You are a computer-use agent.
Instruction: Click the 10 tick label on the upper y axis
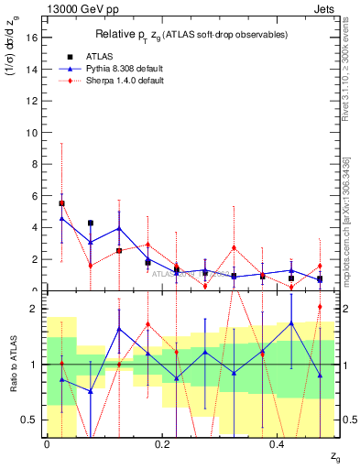35,132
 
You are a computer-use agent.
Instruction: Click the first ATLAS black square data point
61,203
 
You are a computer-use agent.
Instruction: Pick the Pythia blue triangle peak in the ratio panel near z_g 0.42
291,322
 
